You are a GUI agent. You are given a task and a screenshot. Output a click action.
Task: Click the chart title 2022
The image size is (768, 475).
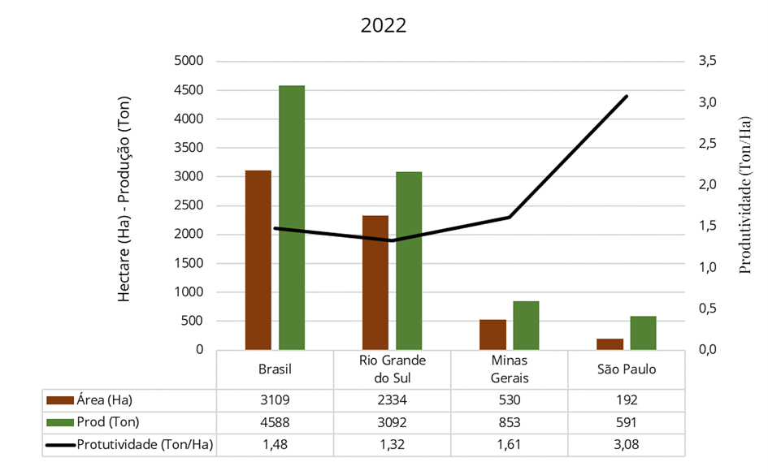pos(384,24)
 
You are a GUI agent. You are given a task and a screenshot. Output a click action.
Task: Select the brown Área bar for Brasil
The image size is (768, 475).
pos(258,260)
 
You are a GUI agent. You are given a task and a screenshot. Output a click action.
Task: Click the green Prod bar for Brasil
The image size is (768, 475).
pos(292,218)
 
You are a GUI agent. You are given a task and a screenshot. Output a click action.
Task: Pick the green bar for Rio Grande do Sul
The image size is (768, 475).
pos(409,261)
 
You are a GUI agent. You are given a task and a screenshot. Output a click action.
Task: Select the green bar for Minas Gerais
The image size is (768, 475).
pos(526,326)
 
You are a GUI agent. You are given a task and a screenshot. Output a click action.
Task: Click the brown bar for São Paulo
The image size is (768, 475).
pos(610,344)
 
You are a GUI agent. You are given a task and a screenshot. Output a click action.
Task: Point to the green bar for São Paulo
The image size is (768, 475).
pos(643,333)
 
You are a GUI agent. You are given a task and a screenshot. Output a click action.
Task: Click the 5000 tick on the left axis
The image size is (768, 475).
pos(189,61)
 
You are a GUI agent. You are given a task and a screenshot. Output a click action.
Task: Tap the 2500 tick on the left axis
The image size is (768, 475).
pos(189,205)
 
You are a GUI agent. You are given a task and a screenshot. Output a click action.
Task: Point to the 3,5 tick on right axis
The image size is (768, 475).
pos(707,61)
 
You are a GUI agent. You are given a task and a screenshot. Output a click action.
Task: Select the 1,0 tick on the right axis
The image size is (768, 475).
pos(707,267)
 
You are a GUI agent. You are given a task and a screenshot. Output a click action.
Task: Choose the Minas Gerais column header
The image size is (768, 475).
pos(510,369)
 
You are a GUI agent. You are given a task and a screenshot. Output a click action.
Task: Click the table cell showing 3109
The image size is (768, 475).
pos(275,399)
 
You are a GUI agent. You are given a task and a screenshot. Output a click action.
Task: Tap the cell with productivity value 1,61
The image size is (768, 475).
pos(510,444)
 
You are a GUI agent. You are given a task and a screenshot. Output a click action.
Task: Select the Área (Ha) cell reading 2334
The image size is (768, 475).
pos(393,399)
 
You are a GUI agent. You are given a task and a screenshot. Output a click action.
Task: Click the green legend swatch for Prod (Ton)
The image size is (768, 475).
pos(60,421)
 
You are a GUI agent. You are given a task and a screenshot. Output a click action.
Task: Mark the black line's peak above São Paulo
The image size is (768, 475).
pos(627,96)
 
